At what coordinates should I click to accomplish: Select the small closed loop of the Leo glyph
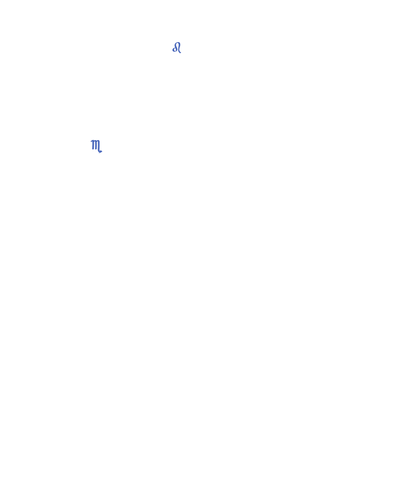(175, 49)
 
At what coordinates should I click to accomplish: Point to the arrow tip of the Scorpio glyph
(101, 151)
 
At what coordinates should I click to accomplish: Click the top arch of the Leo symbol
(177, 43)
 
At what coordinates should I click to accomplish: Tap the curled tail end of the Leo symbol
(180, 52)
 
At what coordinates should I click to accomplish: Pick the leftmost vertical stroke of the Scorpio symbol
(93, 145)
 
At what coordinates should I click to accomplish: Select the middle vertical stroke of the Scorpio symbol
(95, 145)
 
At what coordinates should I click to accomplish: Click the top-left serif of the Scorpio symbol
(91, 141)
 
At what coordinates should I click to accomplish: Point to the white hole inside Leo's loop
(175, 50)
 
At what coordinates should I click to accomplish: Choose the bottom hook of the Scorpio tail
(100, 151)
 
